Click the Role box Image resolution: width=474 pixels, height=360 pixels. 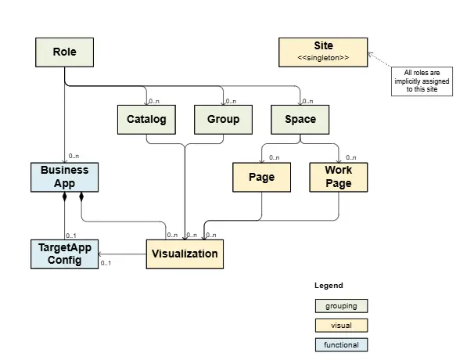click(65, 52)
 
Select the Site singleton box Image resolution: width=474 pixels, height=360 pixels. click(323, 52)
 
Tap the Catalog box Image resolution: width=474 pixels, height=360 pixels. click(146, 120)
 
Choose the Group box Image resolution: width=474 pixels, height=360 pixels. click(223, 120)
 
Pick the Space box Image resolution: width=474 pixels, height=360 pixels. click(300, 120)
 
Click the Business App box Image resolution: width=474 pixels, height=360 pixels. click(65, 177)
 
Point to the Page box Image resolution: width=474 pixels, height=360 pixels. click(261, 178)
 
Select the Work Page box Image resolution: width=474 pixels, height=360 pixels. click(338, 177)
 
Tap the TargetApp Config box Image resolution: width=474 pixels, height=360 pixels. click(65, 254)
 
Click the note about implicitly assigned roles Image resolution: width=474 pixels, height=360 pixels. click(423, 81)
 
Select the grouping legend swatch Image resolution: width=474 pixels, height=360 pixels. click(341, 305)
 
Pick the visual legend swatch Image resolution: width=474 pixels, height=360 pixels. click(341, 325)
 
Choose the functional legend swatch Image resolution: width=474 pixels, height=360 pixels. click(341, 344)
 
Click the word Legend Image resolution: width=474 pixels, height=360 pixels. click(329, 286)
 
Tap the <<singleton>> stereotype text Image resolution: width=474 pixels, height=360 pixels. click(323, 59)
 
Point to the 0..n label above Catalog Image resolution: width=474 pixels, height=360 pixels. click(154, 100)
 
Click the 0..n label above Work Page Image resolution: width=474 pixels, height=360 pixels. click(351, 157)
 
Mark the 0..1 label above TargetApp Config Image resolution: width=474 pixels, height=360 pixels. click(71, 235)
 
